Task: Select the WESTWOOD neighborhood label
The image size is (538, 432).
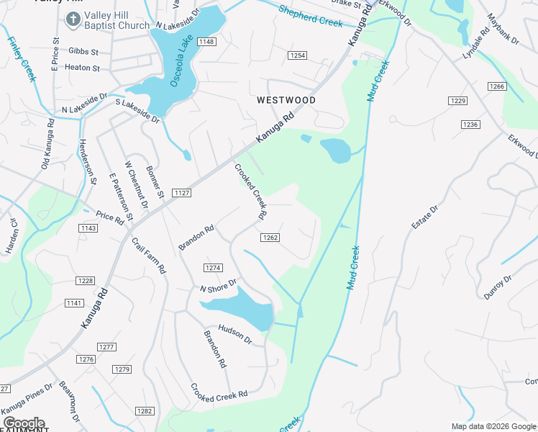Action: click(286, 100)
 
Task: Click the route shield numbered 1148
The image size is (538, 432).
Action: click(207, 42)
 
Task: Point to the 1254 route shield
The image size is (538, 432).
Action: click(297, 55)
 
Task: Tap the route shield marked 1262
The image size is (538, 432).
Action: click(270, 238)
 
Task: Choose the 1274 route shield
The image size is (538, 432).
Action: click(212, 267)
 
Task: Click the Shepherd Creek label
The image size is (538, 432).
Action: click(310, 17)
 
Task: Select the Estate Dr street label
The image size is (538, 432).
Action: click(424, 218)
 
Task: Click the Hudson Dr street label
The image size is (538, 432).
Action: click(235, 334)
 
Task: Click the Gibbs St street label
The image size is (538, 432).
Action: click(84, 52)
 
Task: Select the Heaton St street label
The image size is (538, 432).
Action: click(83, 68)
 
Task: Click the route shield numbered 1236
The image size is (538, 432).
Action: click(470, 125)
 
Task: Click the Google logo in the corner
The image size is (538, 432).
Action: click(24, 423)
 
